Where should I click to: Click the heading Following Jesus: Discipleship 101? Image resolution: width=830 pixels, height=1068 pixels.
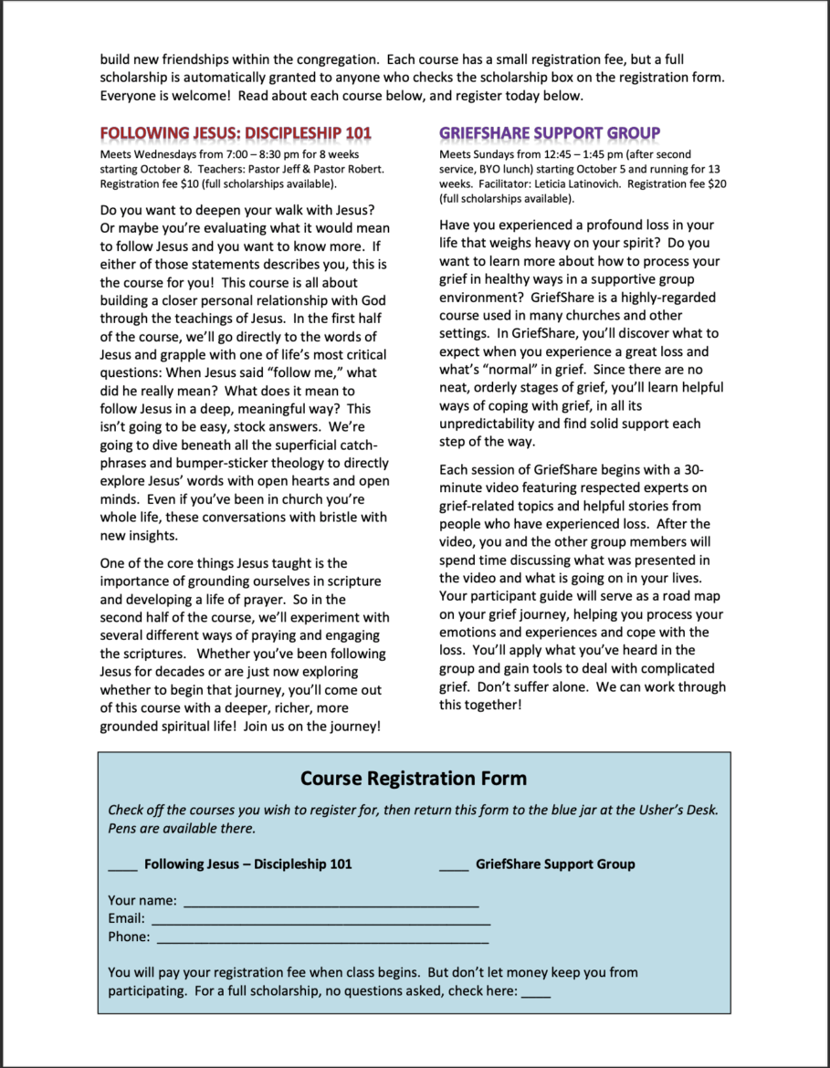coord(236,133)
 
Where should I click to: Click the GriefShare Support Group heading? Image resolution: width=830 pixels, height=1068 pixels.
coord(550,133)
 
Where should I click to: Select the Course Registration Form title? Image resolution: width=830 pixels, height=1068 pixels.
coord(414,779)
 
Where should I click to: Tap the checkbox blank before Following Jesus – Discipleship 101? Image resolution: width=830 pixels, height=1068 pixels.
coord(123,865)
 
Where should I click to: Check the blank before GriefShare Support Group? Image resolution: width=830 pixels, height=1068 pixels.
coord(454,865)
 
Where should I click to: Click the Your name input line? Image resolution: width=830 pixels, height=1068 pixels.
coord(331,902)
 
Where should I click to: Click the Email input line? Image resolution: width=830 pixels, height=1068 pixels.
coord(320,920)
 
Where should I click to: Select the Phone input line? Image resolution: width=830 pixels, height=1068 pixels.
coord(322,938)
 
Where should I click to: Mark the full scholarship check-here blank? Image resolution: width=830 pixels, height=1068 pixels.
coord(536,992)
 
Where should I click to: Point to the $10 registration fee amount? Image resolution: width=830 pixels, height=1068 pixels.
coord(186,183)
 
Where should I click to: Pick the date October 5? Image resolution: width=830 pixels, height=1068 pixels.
coord(586,169)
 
